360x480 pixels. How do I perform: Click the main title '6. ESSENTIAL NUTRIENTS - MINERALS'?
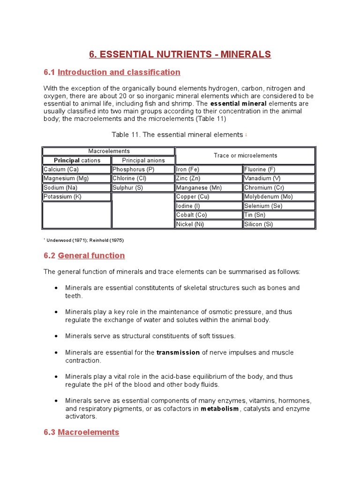180,54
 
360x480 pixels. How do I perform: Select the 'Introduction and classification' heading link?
119,72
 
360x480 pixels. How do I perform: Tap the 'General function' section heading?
91,255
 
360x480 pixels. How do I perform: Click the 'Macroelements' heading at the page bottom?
88,432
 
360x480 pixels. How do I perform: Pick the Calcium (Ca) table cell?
76,169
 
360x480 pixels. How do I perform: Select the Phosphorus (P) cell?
142,169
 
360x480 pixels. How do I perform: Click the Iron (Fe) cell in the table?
209,169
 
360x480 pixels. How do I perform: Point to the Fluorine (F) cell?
279,169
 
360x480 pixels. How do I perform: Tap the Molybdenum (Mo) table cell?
279,197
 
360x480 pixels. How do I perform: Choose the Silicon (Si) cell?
279,224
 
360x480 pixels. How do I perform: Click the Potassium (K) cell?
76,197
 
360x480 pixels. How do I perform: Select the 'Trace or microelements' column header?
245,156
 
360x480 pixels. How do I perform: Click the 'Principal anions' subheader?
143,160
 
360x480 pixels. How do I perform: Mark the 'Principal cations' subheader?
77,160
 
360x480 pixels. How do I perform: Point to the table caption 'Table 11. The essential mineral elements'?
177,135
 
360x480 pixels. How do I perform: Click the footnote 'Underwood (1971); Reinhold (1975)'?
84,240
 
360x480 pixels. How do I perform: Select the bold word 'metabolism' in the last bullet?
220,409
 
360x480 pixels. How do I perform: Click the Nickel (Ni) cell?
209,224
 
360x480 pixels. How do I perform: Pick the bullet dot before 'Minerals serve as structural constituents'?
56,336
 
